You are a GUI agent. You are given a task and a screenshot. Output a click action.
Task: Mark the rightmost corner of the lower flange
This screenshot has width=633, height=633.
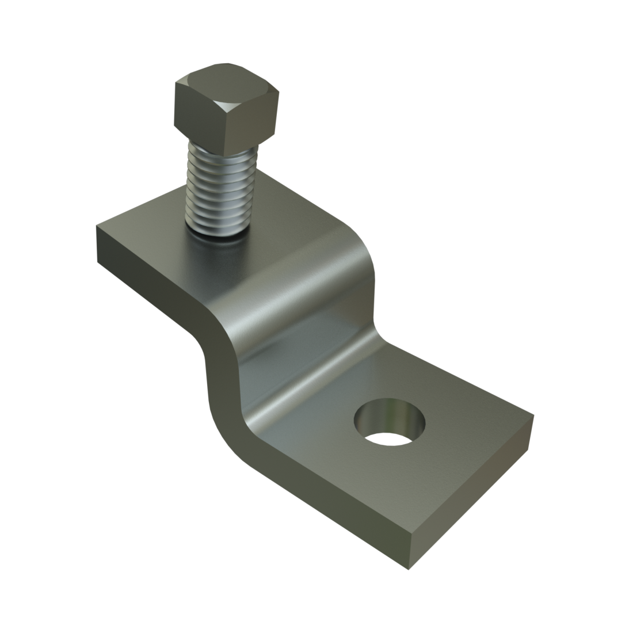[x=534, y=415]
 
